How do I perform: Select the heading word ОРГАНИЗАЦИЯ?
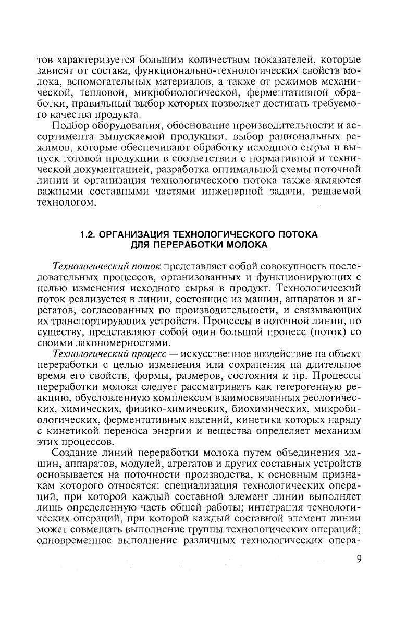pos(136,235)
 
